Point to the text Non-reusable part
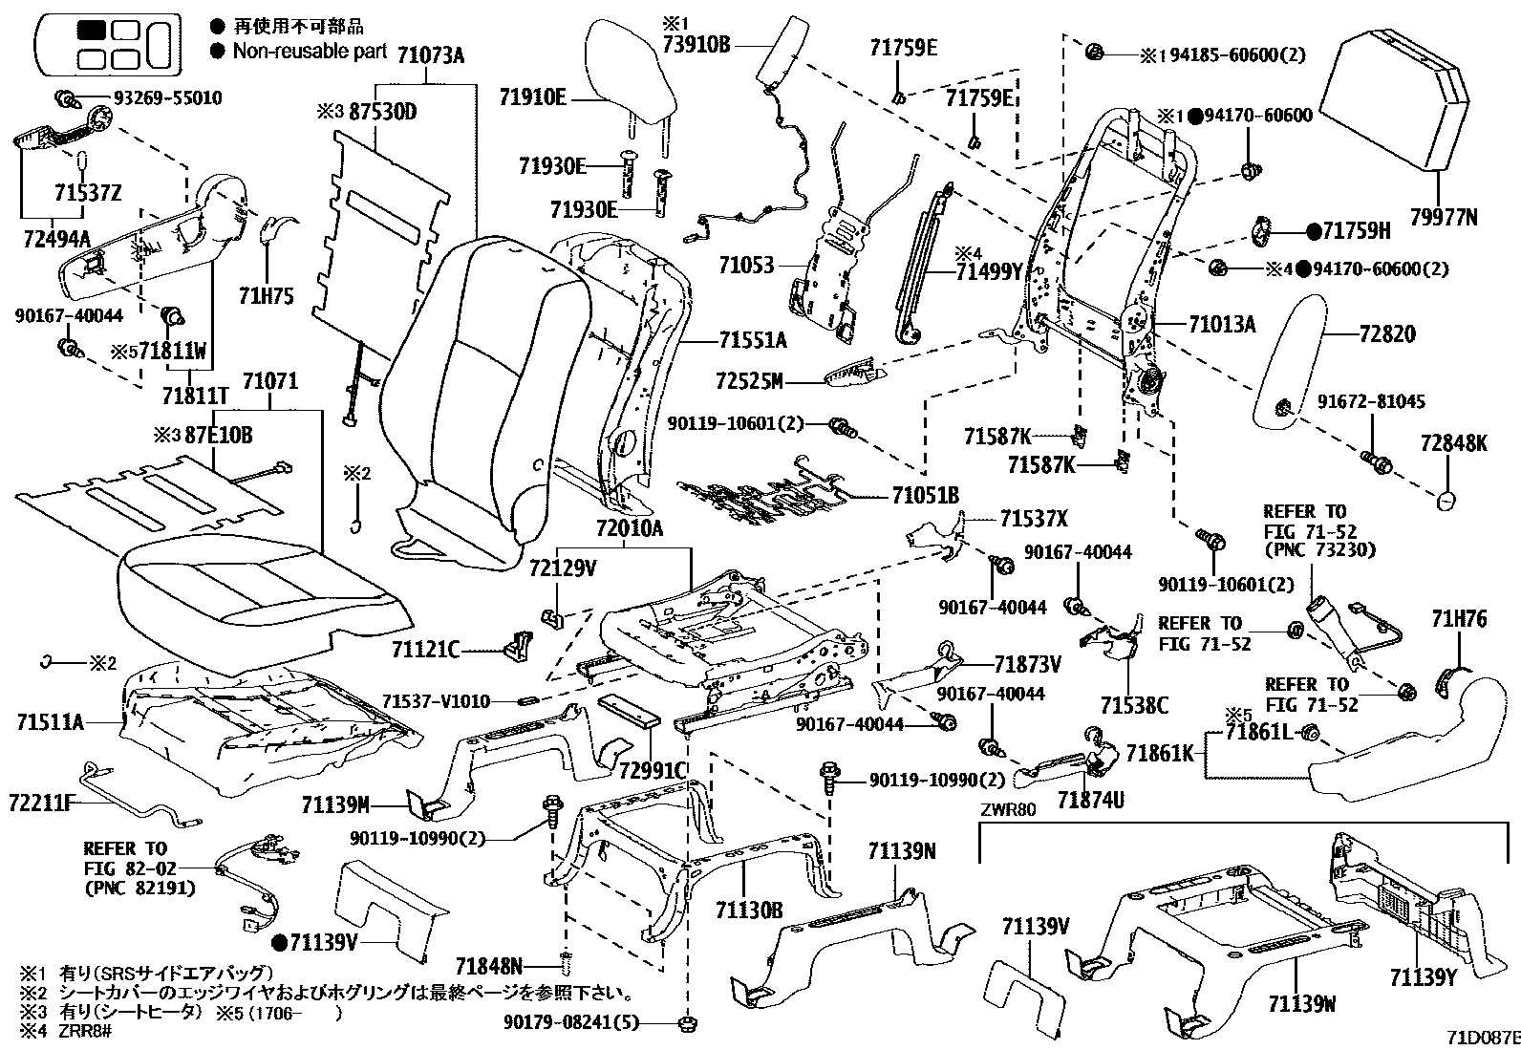[x=310, y=52]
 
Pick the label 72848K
[x=1453, y=443]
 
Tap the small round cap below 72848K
[x=1446, y=501]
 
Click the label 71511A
[x=50, y=722]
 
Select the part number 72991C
[x=653, y=770]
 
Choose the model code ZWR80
[x=1008, y=812]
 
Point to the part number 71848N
[x=488, y=966]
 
